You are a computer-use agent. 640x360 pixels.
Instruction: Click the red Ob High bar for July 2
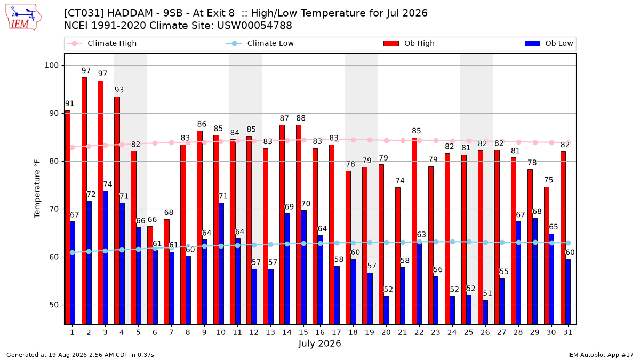[x=84, y=201]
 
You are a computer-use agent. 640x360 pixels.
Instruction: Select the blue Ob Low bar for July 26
[x=485, y=313]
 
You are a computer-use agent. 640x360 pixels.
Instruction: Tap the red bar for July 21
[x=398, y=255]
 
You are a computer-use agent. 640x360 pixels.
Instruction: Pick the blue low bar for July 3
[x=106, y=258]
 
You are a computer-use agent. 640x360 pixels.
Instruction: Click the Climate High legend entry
[x=102, y=43]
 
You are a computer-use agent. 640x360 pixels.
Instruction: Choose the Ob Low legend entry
[x=549, y=43]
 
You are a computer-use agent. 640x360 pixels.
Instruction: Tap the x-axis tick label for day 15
[x=303, y=332]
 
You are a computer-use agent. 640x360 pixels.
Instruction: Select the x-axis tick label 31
[x=567, y=332]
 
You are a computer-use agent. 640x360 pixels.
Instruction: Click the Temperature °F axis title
[x=37, y=189]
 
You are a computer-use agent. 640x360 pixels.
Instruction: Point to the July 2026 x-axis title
[x=319, y=343]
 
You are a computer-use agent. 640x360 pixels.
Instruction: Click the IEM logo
[x=23, y=18]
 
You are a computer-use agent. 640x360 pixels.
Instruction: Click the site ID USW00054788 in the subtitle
[x=254, y=26]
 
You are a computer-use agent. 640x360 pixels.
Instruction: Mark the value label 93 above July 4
[x=119, y=90]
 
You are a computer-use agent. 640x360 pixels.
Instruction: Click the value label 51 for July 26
[x=487, y=293]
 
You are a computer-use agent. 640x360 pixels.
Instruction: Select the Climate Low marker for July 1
[x=73, y=253]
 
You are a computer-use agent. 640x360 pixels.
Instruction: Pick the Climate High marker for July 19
[x=370, y=140]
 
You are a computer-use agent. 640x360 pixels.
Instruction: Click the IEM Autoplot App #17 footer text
[x=601, y=355]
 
